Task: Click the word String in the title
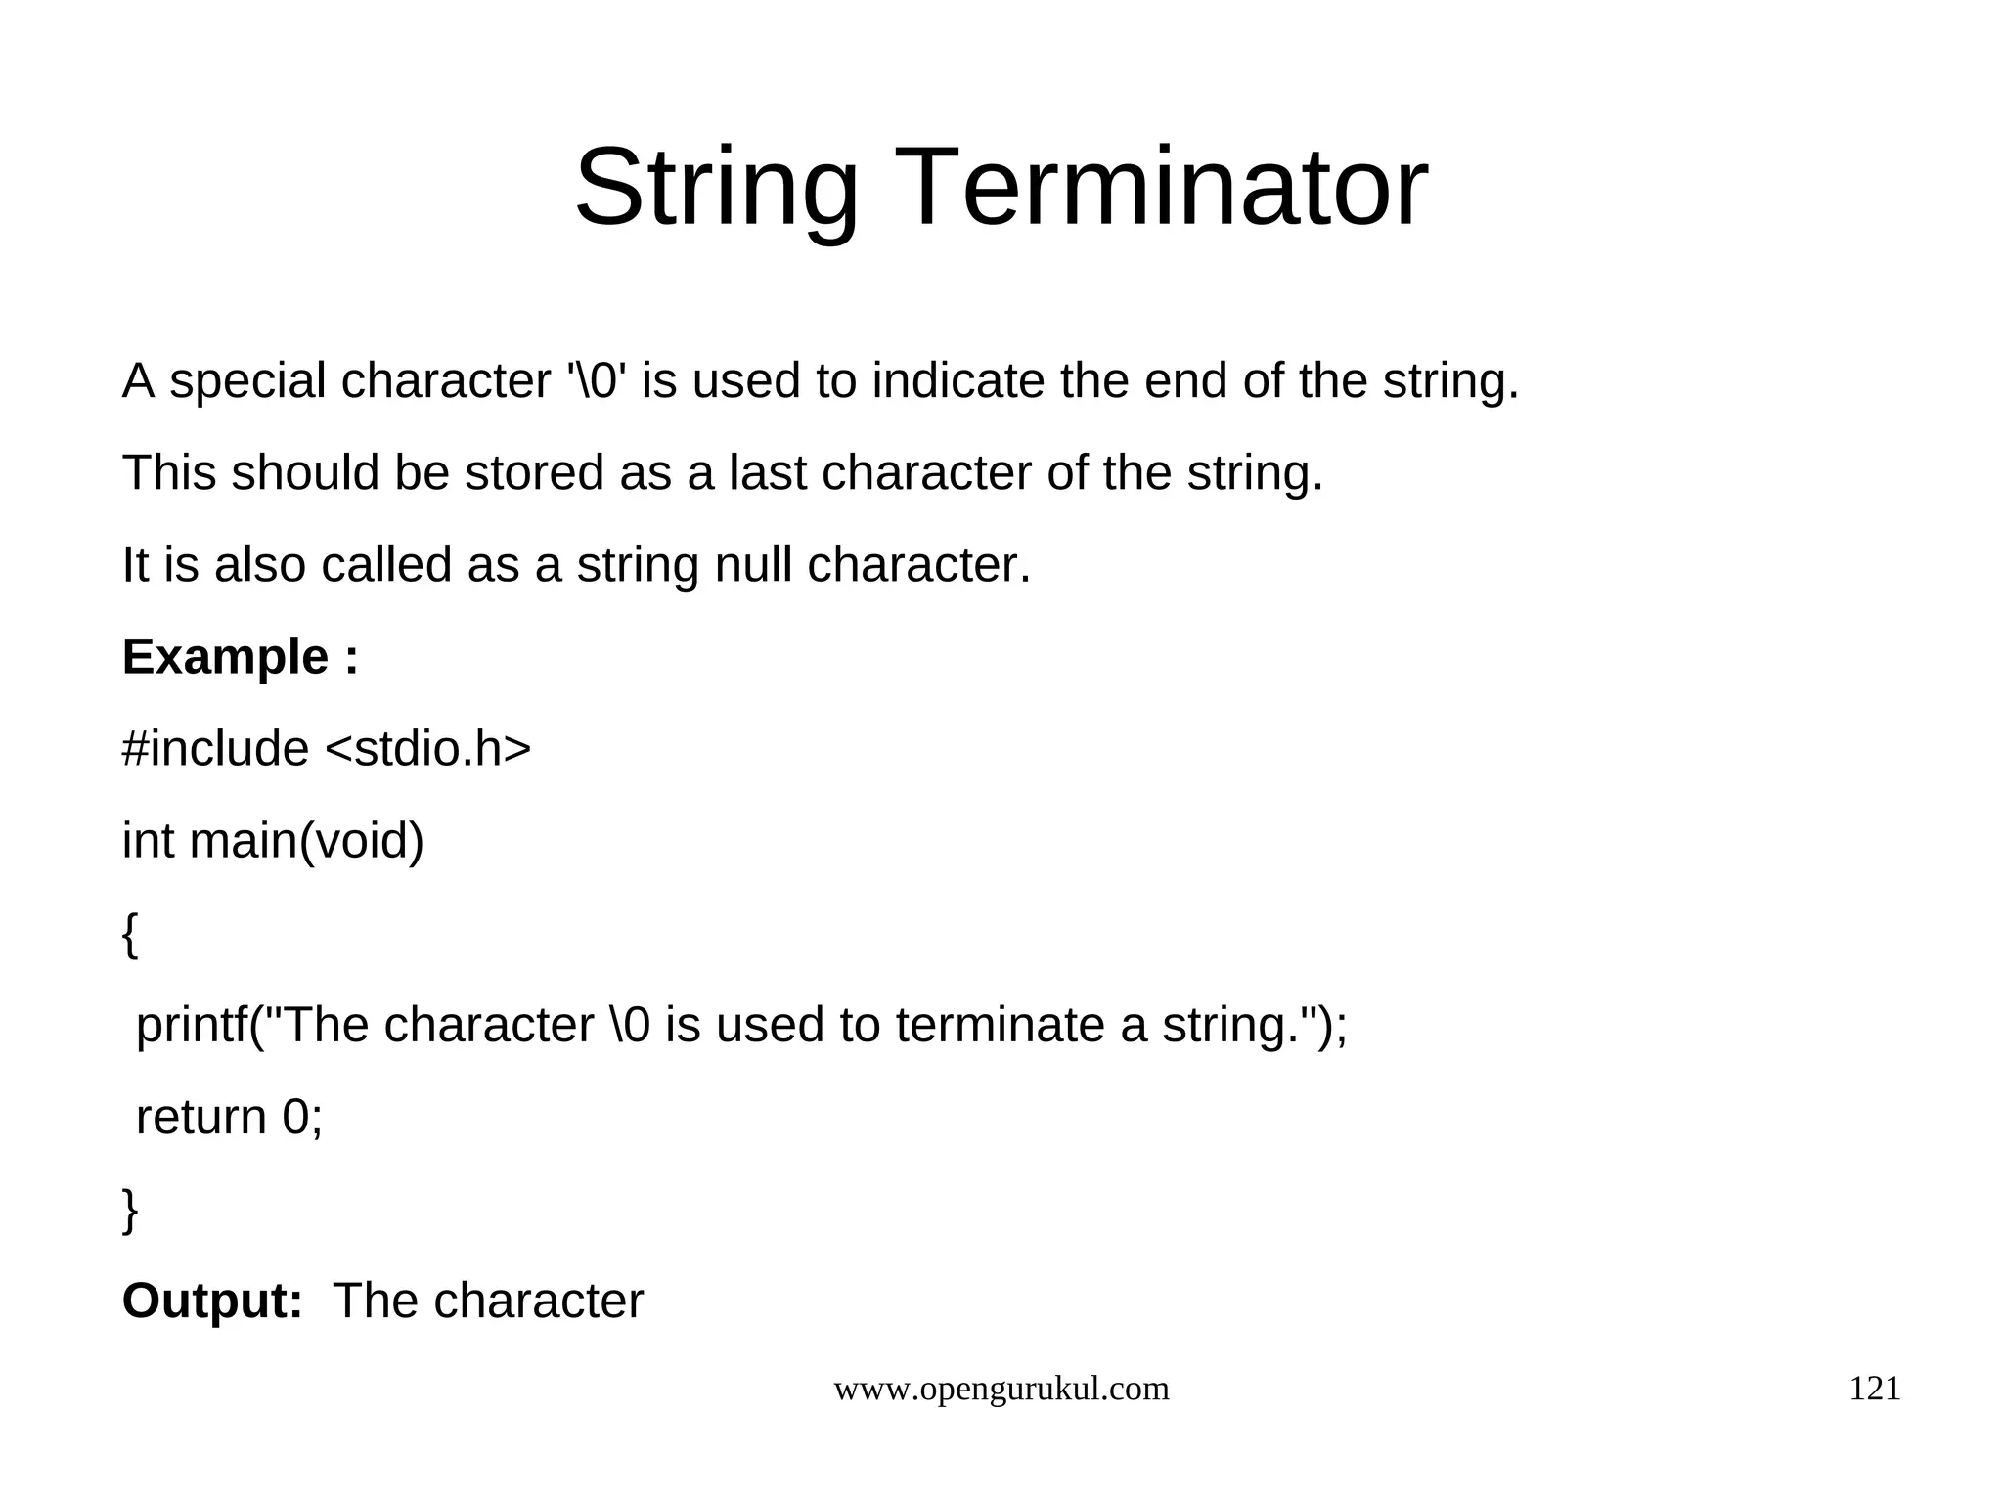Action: click(716, 188)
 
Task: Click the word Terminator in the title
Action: click(1194, 188)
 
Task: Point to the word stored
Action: click(534, 473)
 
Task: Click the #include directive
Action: click(215, 749)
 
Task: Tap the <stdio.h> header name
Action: click(427, 749)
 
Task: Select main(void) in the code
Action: click(306, 841)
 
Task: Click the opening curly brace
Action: click(130, 934)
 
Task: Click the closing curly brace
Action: click(130, 1210)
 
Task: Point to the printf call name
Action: click(191, 1026)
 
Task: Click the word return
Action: click(200, 1117)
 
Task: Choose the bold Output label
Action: click(212, 1302)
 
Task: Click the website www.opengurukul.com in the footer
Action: click(1001, 1389)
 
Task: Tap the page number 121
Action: click(1874, 1389)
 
